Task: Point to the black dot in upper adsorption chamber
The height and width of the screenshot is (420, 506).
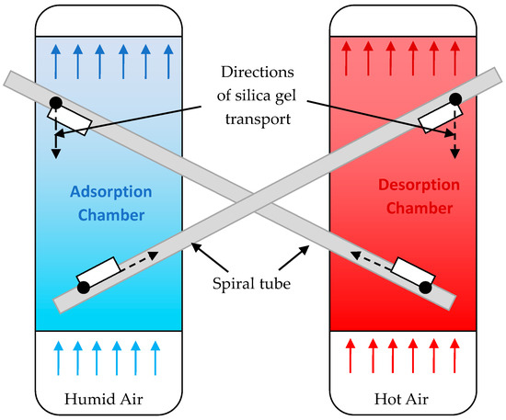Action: (56, 102)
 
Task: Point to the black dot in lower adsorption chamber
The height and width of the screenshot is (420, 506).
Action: (84, 288)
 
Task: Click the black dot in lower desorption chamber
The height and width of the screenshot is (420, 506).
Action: (425, 288)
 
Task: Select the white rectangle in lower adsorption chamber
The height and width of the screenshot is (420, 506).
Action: (98, 270)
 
